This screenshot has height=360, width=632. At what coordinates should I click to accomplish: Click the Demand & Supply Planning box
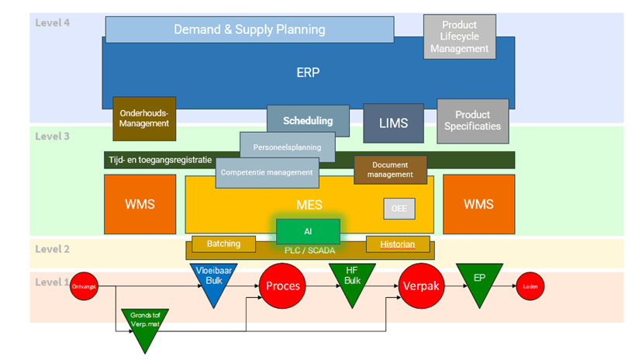249,29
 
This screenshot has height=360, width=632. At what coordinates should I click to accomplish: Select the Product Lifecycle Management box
459,36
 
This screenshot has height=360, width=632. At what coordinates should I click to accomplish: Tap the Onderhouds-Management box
144,118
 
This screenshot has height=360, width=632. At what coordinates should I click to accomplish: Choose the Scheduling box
308,119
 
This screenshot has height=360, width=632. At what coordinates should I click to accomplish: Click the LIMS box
393,123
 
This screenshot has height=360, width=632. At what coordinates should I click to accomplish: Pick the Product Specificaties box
472,121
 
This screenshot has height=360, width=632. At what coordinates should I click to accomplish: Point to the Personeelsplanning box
287,146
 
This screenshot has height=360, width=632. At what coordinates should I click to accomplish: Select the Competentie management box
267,172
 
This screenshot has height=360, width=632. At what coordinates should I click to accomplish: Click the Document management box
390,169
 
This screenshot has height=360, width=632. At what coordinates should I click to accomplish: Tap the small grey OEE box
399,208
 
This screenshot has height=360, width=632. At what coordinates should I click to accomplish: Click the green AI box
308,231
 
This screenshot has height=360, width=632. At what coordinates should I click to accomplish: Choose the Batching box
223,244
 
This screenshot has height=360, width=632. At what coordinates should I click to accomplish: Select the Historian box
397,244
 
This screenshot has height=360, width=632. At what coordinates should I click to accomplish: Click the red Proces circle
283,286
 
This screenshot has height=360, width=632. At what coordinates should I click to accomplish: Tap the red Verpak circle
421,286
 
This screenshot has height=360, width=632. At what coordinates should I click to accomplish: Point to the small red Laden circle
530,286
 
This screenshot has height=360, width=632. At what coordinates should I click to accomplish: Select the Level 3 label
53,137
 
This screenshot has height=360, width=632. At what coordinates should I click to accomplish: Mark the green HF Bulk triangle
352,281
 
